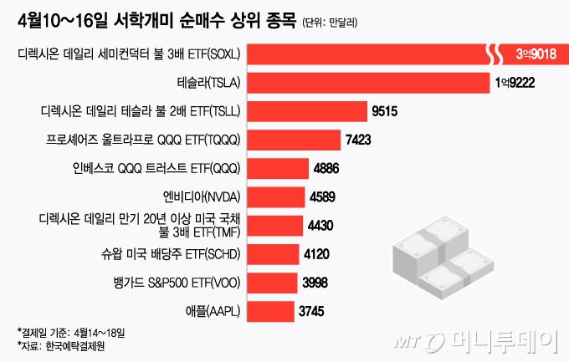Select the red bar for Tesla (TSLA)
pyautogui.click(x=368, y=84)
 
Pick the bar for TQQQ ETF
pyautogui.click(x=294, y=140)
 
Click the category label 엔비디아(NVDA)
pyautogui.click(x=201, y=197)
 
